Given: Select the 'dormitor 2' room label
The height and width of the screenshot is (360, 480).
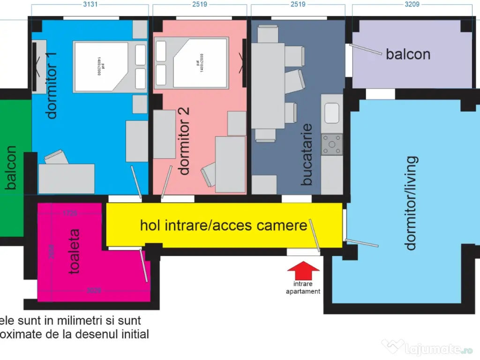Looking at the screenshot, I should (185, 141).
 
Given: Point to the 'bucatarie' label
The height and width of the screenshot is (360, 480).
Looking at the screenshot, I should (307, 154).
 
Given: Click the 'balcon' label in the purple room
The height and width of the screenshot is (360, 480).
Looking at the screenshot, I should (408, 54).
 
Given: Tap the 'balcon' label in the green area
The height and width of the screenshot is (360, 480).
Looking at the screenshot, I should (11, 168).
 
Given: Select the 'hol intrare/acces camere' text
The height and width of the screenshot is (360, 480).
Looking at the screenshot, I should (224, 225).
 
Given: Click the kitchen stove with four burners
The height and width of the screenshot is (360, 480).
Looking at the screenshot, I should (332, 144).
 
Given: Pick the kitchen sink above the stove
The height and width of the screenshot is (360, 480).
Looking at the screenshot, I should (332, 113).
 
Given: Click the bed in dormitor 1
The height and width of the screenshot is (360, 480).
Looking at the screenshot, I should (101, 66).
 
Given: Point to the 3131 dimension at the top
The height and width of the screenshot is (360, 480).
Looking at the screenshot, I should (90, 4).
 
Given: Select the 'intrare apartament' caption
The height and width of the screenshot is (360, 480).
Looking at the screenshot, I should (303, 288).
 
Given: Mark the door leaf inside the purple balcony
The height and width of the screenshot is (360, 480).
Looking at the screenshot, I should (366, 49).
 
